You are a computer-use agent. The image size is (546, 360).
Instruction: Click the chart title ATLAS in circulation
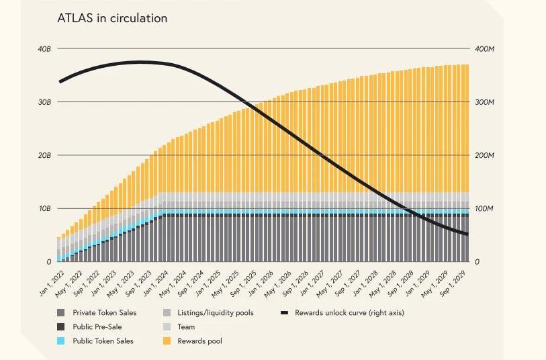(112, 19)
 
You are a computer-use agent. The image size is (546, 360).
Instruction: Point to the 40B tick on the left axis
(44, 49)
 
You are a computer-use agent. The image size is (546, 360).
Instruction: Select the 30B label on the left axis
(44, 102)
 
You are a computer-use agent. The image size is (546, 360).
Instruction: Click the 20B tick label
(44, 155)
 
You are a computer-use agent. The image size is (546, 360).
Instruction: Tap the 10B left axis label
(44, 208)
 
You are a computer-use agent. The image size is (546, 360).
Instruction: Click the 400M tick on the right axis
(484, 49)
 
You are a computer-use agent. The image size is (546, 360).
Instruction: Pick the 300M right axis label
(484, 102)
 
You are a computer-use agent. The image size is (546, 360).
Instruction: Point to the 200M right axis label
(484, 155)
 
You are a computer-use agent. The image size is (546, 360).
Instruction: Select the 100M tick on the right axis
(484, 208)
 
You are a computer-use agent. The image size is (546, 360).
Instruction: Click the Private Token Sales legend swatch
(61, 313)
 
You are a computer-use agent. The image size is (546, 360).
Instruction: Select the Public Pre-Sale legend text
(97, 327)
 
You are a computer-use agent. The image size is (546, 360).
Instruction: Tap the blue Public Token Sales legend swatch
(61, 341)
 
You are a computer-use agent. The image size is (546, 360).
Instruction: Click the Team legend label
(186, 327)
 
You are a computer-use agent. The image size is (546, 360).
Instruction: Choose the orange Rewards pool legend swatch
(166, 341)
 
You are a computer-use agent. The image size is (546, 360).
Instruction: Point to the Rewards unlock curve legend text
(349, 313)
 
